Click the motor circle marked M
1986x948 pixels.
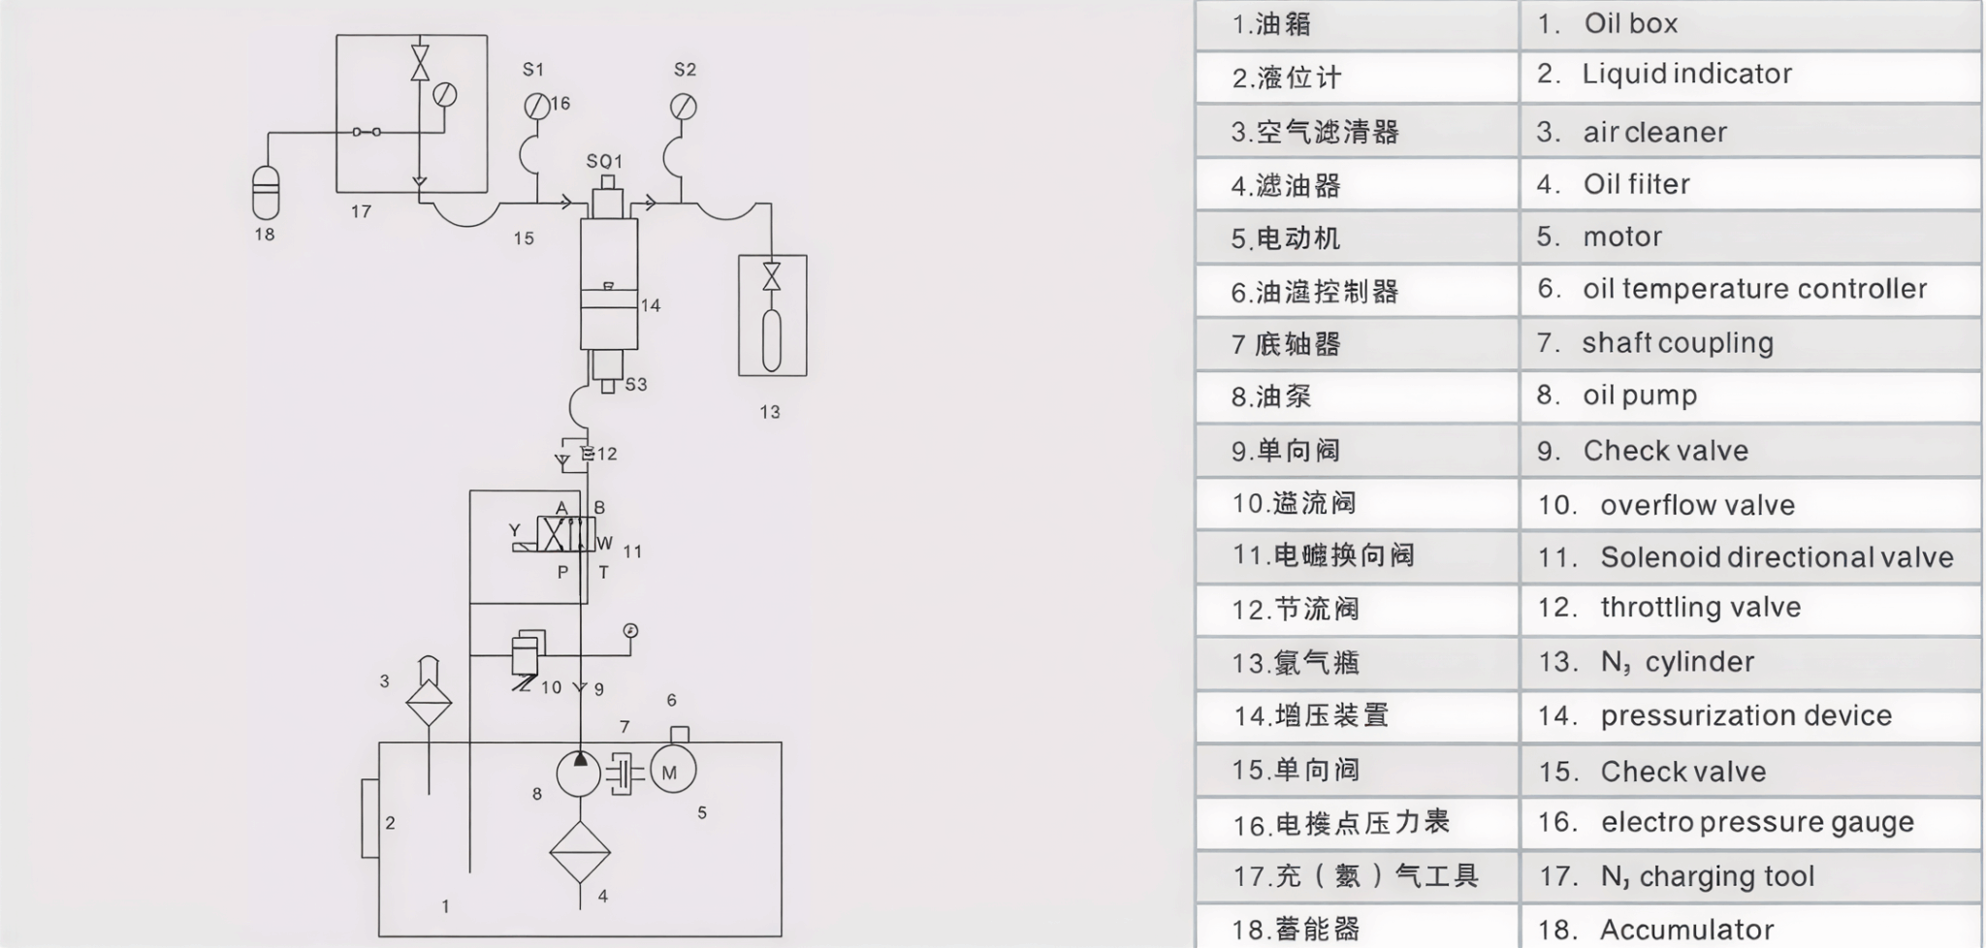[x=671, y=772]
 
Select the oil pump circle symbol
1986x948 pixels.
[x=579, y=774]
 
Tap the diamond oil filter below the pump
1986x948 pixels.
[x=580, y=852]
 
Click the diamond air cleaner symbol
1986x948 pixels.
[x=429, y=702]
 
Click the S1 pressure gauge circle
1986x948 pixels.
[x=536, y=106]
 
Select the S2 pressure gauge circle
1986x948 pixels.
[x=683, y=106]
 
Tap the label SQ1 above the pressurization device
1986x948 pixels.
[x=604, y=161]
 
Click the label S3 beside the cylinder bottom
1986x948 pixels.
[x=636, y=384]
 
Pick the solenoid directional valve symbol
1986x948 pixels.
[x=566, y=534]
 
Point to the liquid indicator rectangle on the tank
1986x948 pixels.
[x=369, y=818]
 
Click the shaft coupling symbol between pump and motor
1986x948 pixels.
[x=625, y=774]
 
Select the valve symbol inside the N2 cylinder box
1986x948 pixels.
[x=771, y=276]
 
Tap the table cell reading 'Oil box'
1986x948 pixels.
[x=1749, y=24]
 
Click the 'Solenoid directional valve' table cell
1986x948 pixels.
[x=1749, y=557]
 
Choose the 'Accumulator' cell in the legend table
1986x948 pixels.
[x=1749, y=929]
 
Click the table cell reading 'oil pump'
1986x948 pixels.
[x=1749, y=395]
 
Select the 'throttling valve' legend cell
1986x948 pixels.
[x=1749, y=608]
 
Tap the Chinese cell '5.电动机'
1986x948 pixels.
[x=1356, y=237]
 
